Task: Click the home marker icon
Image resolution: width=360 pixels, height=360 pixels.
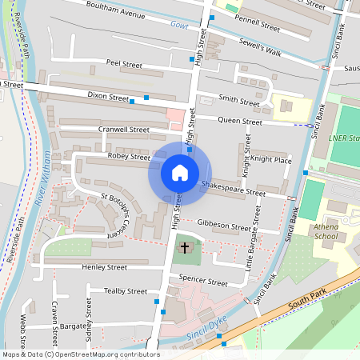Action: pos(179,172)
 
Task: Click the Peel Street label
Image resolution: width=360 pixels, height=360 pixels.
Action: pos(123,63)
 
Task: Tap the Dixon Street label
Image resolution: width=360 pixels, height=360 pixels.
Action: pos(108,97)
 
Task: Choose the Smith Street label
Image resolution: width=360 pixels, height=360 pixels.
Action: pos(239,101)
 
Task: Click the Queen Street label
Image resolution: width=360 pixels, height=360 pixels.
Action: pos(240,122)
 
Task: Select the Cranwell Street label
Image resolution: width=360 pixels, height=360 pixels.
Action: pos(123,129)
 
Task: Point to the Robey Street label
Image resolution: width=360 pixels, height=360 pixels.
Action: pos(129,157)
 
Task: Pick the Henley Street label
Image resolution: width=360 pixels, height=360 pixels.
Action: pos(105,267)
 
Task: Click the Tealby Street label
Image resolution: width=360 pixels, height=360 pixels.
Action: pos(126,291)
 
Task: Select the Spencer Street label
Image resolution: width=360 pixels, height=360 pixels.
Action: pos(203,282)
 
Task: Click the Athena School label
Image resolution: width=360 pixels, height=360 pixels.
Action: pos(326,231)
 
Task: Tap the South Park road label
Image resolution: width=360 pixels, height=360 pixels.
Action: pos(303,304)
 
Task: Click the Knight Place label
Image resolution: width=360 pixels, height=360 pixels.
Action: pos(270,160)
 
